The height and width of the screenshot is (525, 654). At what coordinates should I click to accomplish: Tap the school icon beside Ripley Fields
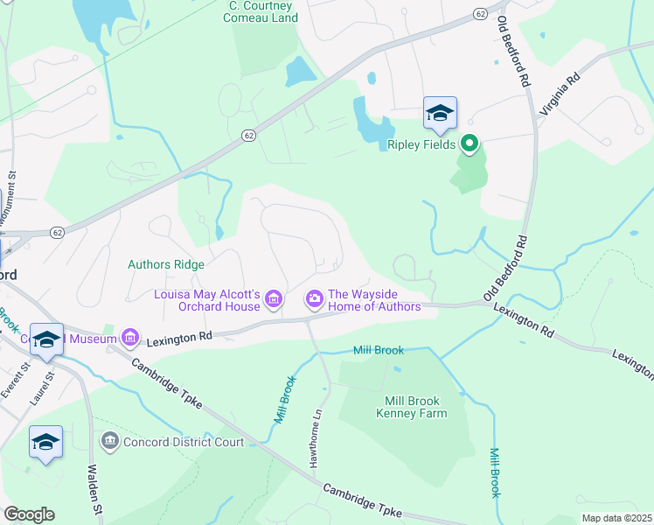click(x=440, y=113)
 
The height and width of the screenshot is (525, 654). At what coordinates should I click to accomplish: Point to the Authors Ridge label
click(x=166, y=264)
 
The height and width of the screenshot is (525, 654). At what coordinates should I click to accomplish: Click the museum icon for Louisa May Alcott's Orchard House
click(x=274, y=300)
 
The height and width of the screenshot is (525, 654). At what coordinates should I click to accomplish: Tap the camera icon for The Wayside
click(x=314, y=300)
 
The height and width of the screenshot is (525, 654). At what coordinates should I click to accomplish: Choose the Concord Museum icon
click(x=131, y=337)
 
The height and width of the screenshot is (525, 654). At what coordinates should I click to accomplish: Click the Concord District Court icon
click(x=109, y=442)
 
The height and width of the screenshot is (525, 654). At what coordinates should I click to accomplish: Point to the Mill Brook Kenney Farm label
click(x=415, y=407)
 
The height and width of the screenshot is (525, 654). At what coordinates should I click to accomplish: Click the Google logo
click(x=29, y=514)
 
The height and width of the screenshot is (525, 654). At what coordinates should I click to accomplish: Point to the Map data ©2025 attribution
click(x=617, y=518)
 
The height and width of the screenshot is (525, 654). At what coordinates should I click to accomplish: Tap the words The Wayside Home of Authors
click(x=374, y=300)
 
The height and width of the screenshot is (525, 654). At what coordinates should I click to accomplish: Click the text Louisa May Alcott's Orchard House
click(x=207, y=300)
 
